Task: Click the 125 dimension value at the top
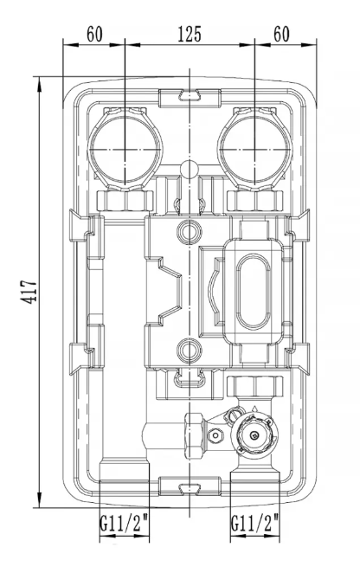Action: point(190,35)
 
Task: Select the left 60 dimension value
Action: point(94,35)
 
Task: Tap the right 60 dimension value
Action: point(281,35)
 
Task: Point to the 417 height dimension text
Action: point(29,292)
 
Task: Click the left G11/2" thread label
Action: point(125,523)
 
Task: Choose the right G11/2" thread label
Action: point(254,523)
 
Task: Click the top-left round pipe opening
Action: point(125,149)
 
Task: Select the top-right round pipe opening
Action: point(254,149)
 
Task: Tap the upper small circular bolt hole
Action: point(190,231)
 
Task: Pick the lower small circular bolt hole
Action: point(190,351)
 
